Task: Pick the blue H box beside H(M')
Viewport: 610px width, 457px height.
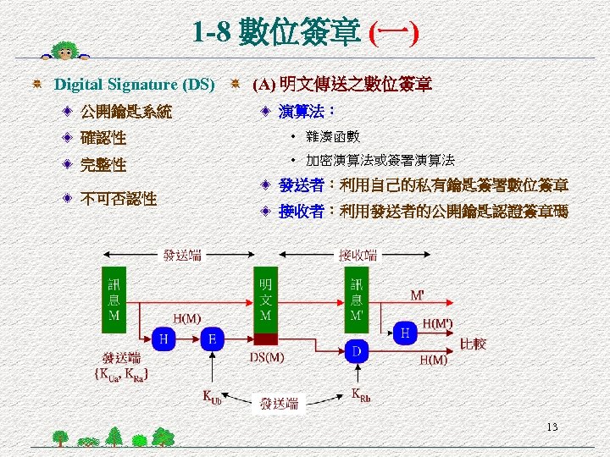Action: point(407,333)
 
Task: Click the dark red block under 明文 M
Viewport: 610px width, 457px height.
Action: point(266,339)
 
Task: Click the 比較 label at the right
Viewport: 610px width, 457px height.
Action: point(473,344)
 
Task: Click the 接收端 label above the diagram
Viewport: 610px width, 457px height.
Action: point(358,255)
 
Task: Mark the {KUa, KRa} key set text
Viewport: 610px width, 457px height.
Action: point(123,372)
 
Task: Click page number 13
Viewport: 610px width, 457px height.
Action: point(552,427)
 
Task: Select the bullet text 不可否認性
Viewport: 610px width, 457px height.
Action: point(118,199)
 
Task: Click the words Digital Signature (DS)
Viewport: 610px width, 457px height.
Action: point(135,85)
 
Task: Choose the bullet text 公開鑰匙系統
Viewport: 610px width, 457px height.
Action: point(125,111)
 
